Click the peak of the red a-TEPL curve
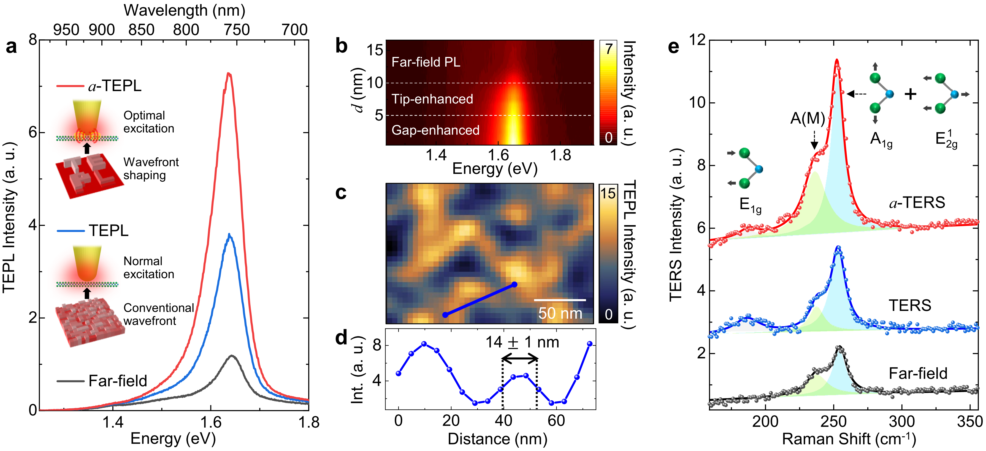[x=229, y=73]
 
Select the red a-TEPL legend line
[x=70, y=86]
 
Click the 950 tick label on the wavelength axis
[x=66, y=30]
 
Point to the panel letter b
[x=341, y=46]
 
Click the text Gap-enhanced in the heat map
[x=435, y=130]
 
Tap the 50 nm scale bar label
[x=560, y=313]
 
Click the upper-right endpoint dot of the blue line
[x=514, y=285]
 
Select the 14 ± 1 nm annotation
[x=522, y=342]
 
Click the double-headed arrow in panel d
[x=520, y=359]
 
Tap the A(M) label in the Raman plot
[x=808, y=119]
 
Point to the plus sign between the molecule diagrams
[x=910, y=94]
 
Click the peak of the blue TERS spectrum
[x=838, y=248]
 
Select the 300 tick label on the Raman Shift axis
[x=901, y=422]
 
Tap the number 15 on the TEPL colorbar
[x=608, y=193]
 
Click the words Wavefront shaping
[x=151, y=169]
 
